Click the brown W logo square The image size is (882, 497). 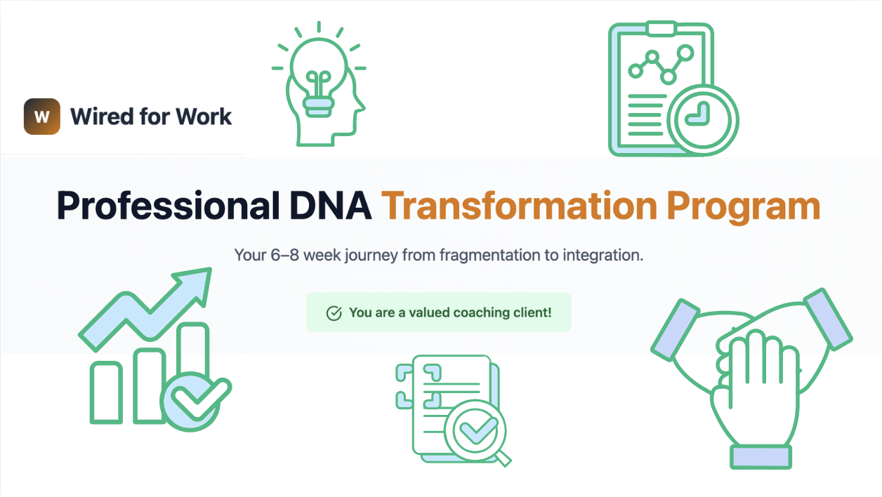click(x=42, y=117)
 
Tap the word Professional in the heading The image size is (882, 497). click(x=169, y=205)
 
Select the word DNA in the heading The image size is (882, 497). click(x=330, y=205)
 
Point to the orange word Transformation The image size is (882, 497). click(x=520, y=205)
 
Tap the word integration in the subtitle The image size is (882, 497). click(x=603, y=256)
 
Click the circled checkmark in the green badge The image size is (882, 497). click(x=334, y=313)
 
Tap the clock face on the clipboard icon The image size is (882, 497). click(x=702, y=119)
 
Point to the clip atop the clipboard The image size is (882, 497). click(x=661, y=28)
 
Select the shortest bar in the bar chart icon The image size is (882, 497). click(x=106, y=392)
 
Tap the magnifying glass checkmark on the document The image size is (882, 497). click(x=475, y=430)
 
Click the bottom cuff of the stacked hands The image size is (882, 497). click(x=761, y=457)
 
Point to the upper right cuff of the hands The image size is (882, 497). click(x=828, y=319)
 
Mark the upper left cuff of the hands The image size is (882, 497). click(x=675, y=330)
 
